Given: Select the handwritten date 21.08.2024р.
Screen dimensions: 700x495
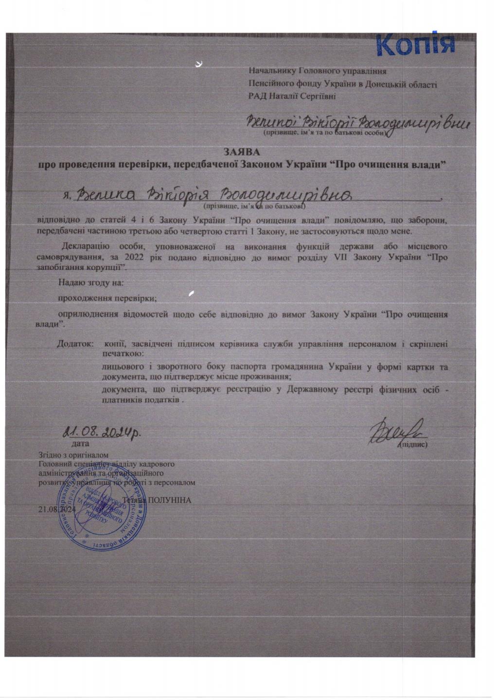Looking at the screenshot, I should coord(103,432).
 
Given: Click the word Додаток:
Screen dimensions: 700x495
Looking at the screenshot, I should coord(74,344).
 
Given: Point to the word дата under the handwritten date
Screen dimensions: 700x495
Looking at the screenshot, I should coord(80,443).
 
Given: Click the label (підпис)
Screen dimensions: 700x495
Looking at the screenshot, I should coord(413,444).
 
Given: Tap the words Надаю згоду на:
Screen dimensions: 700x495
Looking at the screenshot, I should coord(91,282).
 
